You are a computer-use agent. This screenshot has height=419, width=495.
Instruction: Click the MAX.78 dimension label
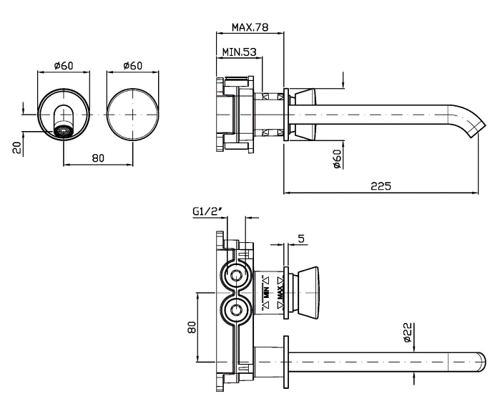[x=250, y=28]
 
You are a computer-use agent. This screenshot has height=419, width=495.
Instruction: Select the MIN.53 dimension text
[x=239, y=52]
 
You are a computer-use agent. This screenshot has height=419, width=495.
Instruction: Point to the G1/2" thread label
[x=207, y=211]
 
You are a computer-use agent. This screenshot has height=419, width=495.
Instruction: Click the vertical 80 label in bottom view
[x=192, y=329]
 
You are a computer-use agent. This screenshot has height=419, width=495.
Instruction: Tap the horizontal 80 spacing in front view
[x=98, y=158]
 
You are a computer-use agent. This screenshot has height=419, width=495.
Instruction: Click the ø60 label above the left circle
[x=64, y=66]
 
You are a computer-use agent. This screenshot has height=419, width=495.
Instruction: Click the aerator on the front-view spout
[x=64, y=132]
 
